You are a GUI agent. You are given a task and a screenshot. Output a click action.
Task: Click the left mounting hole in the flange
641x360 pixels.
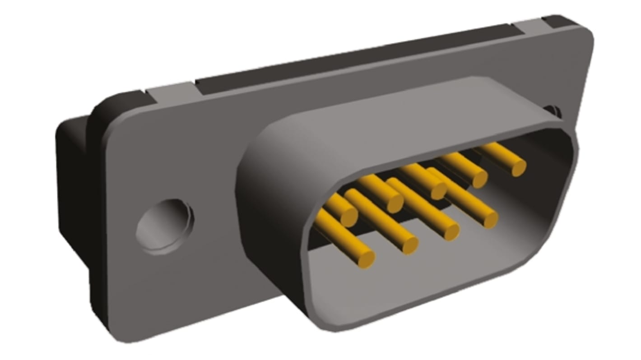pyautogui.click(x=165, y=226)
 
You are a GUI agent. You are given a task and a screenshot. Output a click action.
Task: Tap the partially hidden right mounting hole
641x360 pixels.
pyautogui.click(x=554, y=110)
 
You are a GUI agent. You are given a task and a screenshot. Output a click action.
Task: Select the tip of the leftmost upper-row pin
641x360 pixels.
pyautogui.click(x=348, y=218)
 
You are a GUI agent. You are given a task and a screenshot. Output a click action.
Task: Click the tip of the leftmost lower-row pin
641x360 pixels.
pyautogui.click(x=366, y=259)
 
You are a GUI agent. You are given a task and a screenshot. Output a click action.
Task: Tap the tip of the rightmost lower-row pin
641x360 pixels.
pyautogui.click(x=490, y=219)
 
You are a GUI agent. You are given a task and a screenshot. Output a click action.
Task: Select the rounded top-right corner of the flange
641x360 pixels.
pyautogui.click(x=585, y=36)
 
